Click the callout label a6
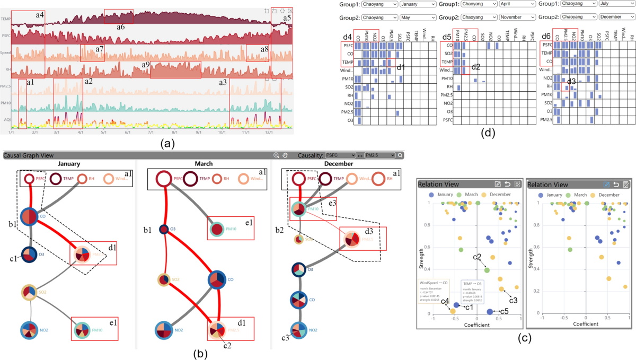pos(120,26)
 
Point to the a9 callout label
pos(146,65)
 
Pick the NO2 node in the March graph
pos(163,330)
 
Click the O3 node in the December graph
pos(298,269)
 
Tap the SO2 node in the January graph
pos(28,292)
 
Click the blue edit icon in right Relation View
pos(607,184)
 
